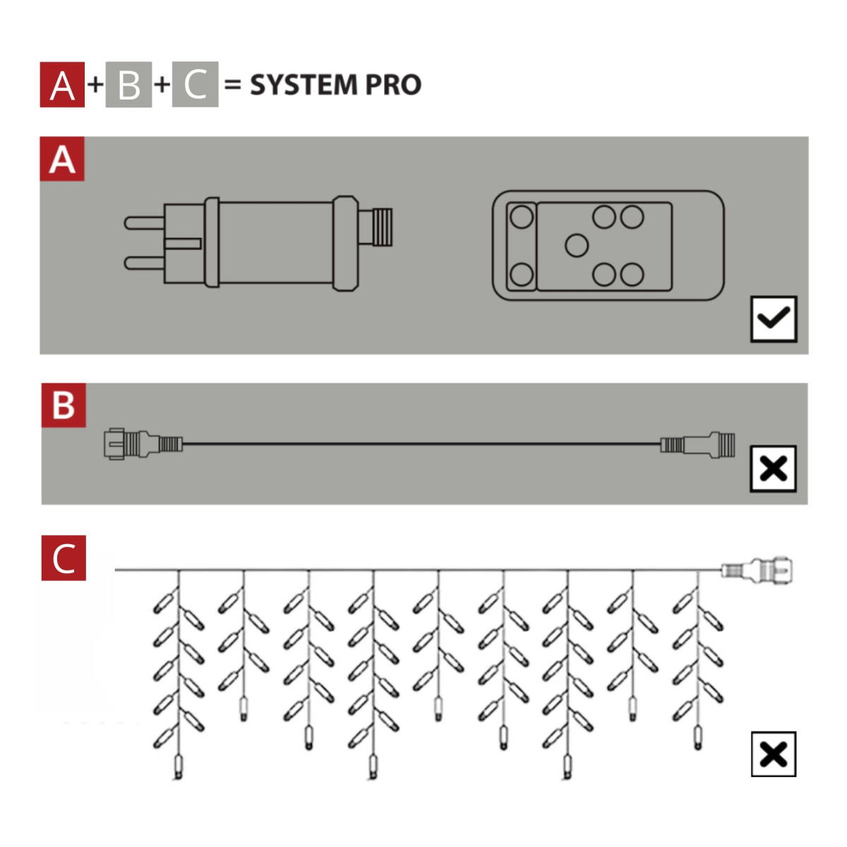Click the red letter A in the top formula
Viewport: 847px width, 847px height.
[62, 85]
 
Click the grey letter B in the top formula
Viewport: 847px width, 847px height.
[128, 85]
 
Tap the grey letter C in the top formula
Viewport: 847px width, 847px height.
[195, 85]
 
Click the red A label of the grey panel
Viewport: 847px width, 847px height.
[62, 160]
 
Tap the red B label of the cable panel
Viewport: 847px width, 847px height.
[64, 405]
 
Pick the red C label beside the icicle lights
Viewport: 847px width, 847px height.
[64, 558]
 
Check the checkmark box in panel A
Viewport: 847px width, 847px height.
[774, 319]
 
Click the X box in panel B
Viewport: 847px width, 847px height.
[774, 468]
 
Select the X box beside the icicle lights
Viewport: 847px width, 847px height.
[774, 755]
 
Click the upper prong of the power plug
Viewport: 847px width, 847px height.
[144, 222]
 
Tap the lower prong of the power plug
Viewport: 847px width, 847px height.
[144, 263]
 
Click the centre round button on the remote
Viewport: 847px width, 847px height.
[577, 246]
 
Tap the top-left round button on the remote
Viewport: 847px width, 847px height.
[522, 216]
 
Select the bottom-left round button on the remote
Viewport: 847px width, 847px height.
[522, 274]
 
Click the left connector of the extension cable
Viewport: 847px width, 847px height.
[141, 444]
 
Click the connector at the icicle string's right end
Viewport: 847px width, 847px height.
[758, 570]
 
